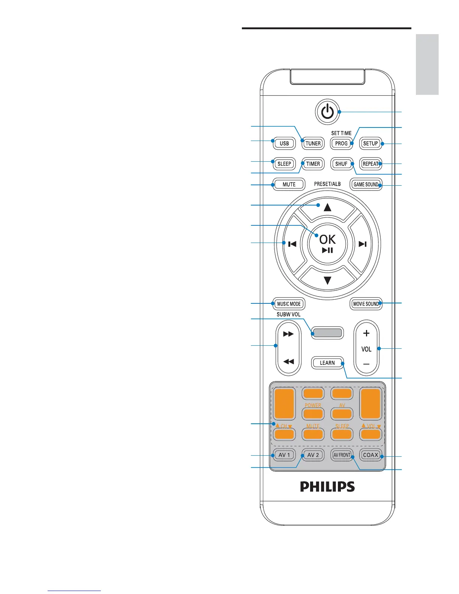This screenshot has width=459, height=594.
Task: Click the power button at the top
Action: [x=327, y=111]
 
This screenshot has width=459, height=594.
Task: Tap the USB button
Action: [x=284, y=143]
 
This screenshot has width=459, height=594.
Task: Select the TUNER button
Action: [x=313, y=143]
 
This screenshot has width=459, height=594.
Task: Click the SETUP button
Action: [x=370, y=143]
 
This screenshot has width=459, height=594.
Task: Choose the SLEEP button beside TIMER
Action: [x=284, y=164]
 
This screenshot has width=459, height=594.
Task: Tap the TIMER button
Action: [x=313, y=164]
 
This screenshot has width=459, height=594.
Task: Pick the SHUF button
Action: [x=341, y=164]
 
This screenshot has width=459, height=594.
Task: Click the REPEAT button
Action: [x=370, y=164]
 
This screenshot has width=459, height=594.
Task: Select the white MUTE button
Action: [x=289, y=184]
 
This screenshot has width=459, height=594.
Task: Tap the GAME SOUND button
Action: [x=366, y=184]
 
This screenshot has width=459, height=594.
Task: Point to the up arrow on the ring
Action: [x=327, y=207]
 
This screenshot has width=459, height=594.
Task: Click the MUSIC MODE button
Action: [x=289, y=304]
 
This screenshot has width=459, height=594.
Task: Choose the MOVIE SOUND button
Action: [x=366, y=304]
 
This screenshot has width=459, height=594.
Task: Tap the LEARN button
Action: [x=327, y=363]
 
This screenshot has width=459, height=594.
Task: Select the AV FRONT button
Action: [x=342, y=455]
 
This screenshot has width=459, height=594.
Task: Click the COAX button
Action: [x=370, y=455]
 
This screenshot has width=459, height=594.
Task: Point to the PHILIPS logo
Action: [x=327, y=487]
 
